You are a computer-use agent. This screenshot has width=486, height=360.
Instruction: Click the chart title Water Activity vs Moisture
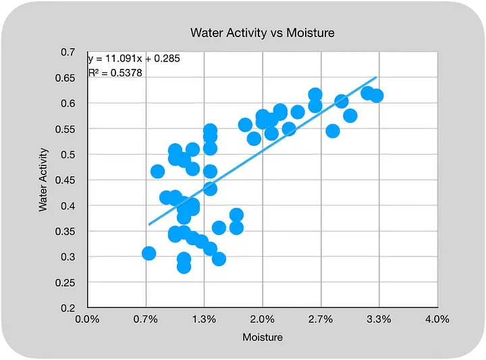pyautogui.click(x=262, y=32)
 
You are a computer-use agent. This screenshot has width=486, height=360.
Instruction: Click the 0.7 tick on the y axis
pyautogui.click(x=67, y=52)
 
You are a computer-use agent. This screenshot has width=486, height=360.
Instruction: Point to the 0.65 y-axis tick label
pyautogui.click(x=65, y=78)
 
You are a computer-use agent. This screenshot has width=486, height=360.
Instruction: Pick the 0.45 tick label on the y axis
pyautogui.click(x=65, y=180)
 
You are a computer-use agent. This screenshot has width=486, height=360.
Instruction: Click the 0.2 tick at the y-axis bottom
pyautogui.click(x=67, y=308)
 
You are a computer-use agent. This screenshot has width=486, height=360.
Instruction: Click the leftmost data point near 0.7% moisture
pyautogui.click(x=149, y=253)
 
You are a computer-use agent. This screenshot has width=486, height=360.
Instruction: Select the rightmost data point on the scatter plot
pyautogui.click(x=377, y=96)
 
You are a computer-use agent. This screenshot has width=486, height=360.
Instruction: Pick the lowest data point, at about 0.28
pyautogui.click(x=184, y=266)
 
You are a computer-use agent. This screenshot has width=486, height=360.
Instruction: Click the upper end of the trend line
pyautogui.click(x=376, y=77)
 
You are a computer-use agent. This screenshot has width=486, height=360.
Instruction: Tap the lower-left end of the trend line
pyautogui.click(x=149, y=224)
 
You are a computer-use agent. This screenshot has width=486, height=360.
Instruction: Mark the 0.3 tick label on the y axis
pyautogui.click(x=67, y=257)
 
